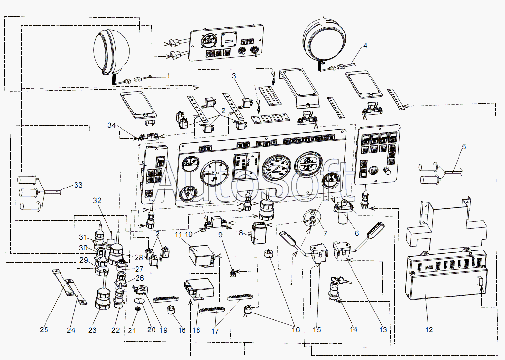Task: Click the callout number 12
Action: [x=429, y=330]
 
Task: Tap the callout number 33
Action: [x=78, y=185]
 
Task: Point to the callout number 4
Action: [x=365, y=46]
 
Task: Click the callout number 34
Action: [x=112, y=126]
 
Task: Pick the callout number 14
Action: [x=353, y=329]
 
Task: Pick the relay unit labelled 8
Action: [x=259, y=233]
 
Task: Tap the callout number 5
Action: [x=463, y=146]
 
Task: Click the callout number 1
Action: [x=168, y=76]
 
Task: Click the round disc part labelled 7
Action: [x=312, y=221]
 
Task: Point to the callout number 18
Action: [x=197, y=330]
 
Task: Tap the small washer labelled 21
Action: [x=138, y=309]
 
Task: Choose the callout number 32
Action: [x=97, y=200]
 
